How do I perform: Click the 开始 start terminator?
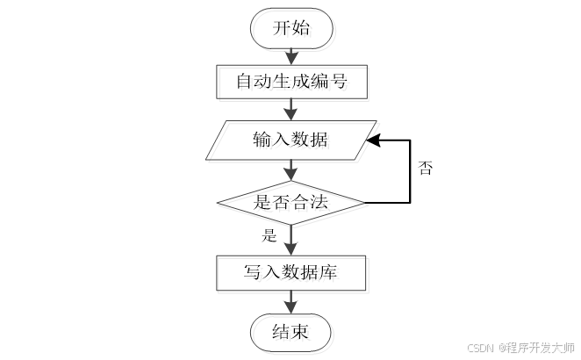[x=291, y=28]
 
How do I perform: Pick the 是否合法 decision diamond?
[x=290, y=203]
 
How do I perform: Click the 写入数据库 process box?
[x=290, y=273]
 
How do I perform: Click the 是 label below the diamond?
[x=269, y=235]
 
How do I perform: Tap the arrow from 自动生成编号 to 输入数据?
[x=291, y=110]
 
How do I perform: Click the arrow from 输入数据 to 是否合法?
[x=291, y=170]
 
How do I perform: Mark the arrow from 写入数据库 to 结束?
[x=291, y=302]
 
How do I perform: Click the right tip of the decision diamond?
[x=363, y=203]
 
